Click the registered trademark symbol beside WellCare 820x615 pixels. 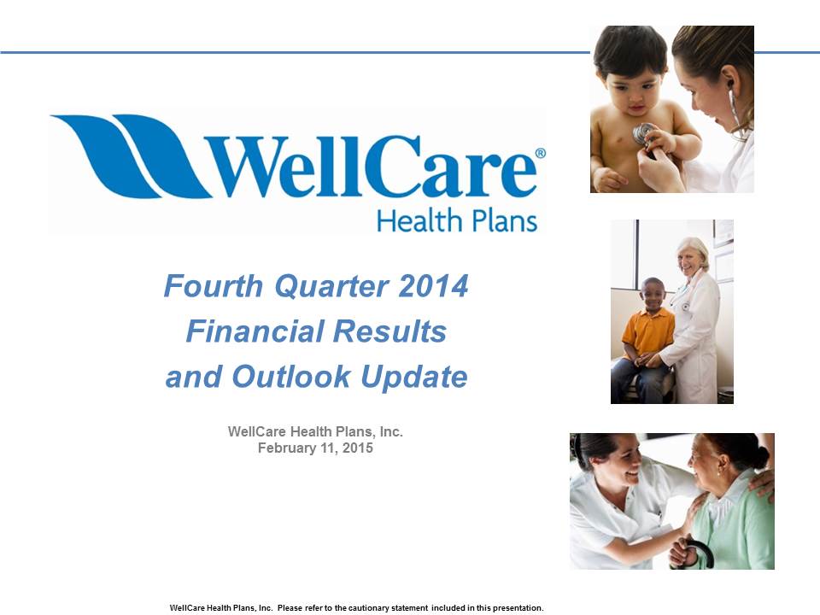[540, 153]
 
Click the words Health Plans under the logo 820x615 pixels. [457, 220]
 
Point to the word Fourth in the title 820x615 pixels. [214, 286]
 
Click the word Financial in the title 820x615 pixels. [255, 331]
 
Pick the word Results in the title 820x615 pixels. [390, 331]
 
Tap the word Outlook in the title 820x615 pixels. [290, 377]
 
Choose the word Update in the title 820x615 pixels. [414, 378]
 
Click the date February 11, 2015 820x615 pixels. [315, 448]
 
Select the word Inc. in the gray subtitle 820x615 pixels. [391, 432]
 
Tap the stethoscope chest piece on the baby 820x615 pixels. [642, 133]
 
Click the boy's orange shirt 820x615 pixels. [648, 332]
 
